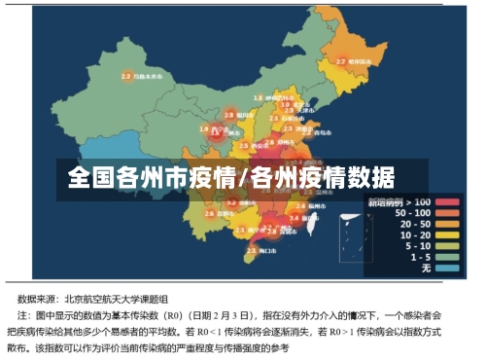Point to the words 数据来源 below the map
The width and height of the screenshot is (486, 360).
[41, 300]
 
